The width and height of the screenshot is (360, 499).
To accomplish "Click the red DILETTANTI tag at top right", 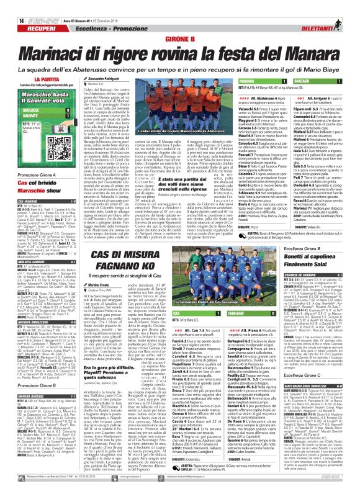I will click(x=333, y=18).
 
